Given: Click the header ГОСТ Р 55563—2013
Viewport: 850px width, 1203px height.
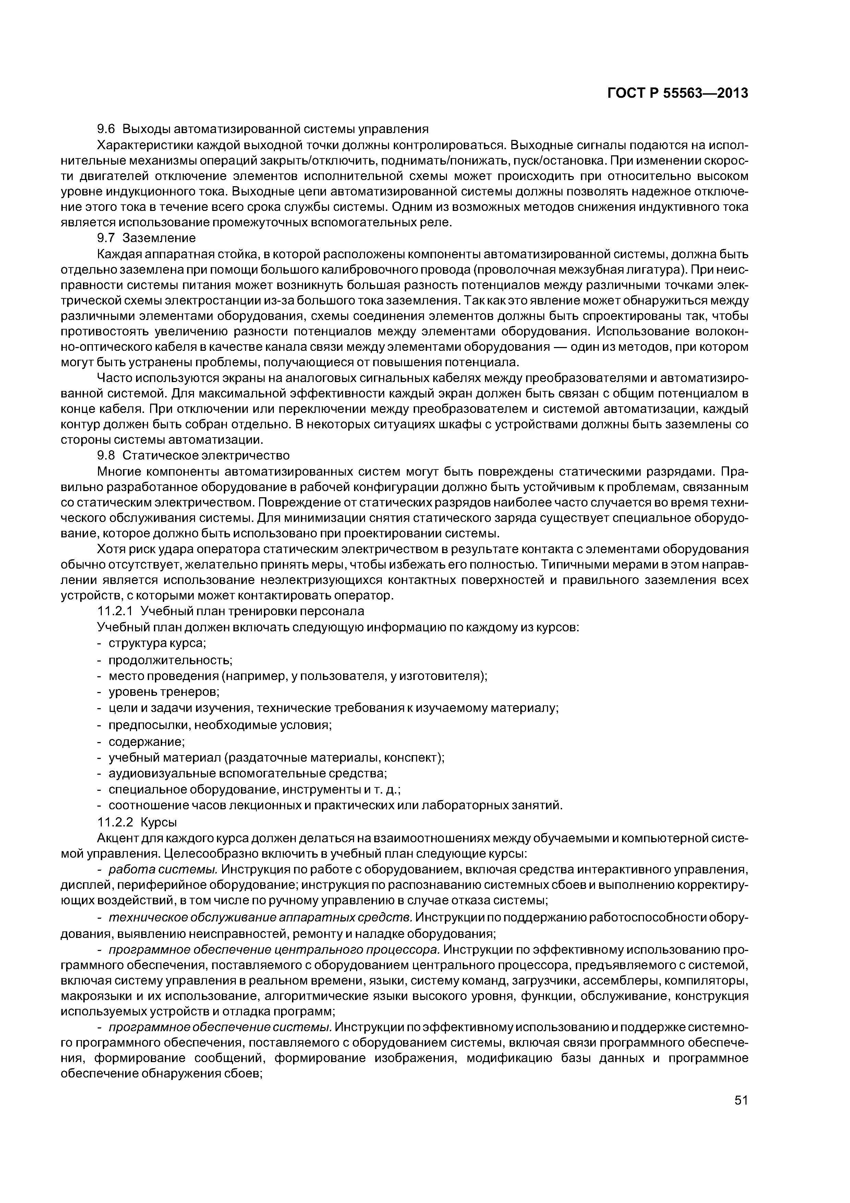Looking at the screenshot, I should [677, 93].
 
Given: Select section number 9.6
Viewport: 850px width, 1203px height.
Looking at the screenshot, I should [107, 129].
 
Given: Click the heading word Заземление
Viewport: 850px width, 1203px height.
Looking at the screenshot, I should [159, 238].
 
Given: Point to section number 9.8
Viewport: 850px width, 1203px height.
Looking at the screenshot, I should [107, 455].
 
